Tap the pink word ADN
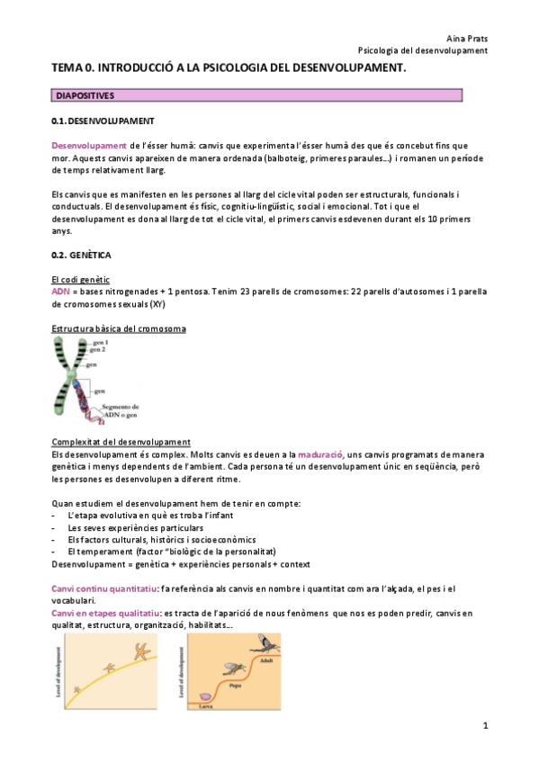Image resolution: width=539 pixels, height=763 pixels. point(59,292)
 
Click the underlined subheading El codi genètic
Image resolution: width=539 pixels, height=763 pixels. point(80,280)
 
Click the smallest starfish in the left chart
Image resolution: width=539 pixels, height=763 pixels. point(77,690)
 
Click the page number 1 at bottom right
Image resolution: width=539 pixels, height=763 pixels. point(484,725)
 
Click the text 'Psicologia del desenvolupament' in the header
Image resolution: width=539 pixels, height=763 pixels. point(422,50)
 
